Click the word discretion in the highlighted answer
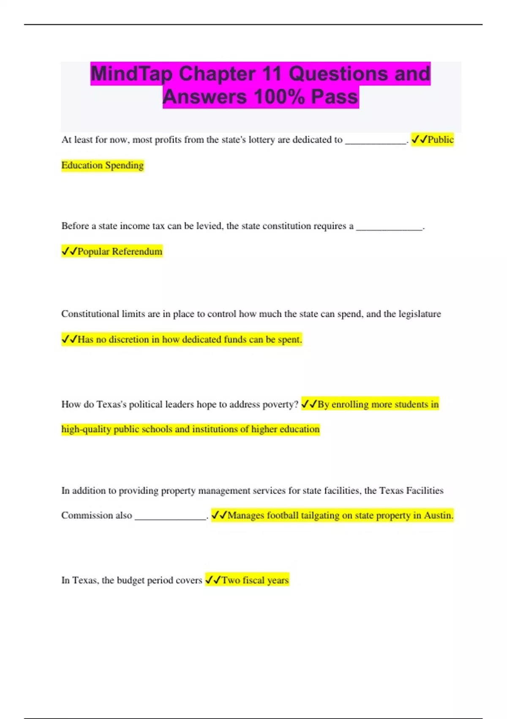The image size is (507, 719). (129, 340)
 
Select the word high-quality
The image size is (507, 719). (86, 430)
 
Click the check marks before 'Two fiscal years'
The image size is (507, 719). (213, 580)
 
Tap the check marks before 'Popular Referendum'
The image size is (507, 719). (69, 252)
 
